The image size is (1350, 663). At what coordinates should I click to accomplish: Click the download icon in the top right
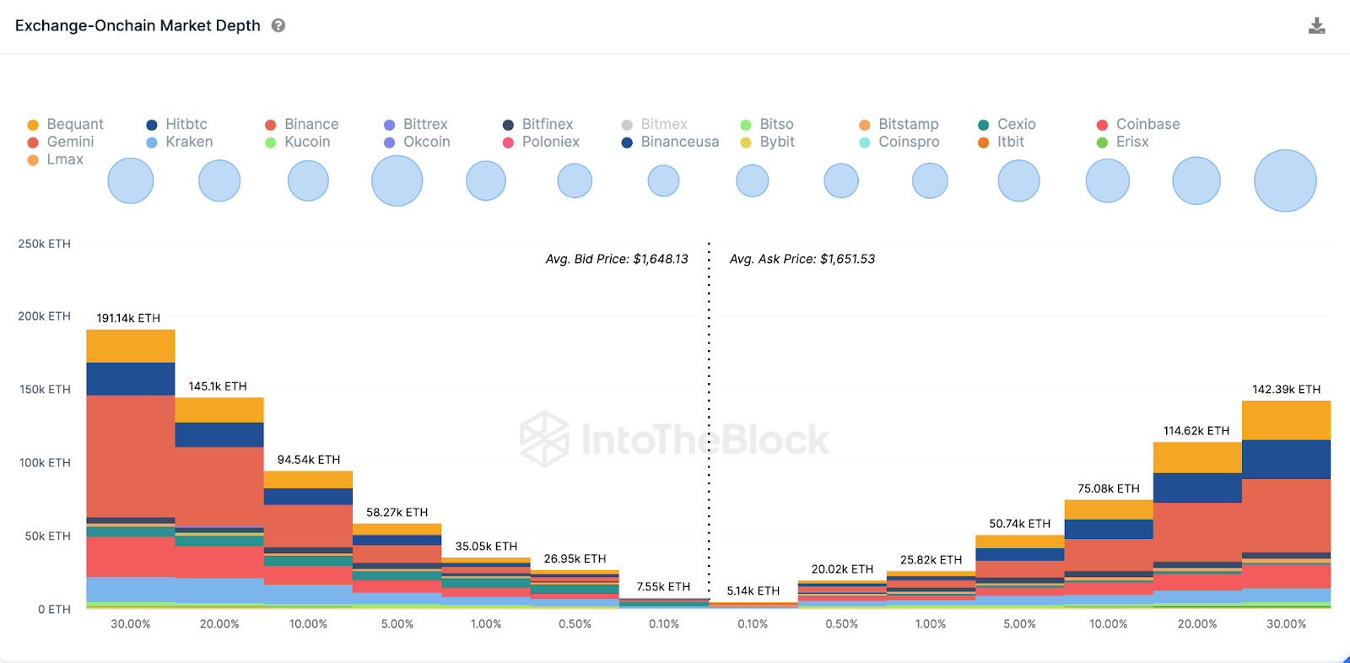click(1316, 26)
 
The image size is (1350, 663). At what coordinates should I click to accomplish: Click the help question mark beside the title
click(278, 25)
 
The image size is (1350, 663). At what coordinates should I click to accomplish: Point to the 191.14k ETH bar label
click(128, 318)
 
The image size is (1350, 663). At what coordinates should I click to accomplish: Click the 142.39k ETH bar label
click(1286, 389)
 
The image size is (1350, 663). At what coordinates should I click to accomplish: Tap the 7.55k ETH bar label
click(663, 586)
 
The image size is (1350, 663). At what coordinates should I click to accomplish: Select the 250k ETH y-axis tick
click(45, 244)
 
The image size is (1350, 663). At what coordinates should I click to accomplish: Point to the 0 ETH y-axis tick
click(54, 609)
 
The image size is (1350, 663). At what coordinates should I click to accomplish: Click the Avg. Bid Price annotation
click(617, 259)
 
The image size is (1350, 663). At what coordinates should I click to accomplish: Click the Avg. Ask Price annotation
click(802, 259)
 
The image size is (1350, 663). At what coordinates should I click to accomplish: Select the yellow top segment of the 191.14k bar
click(131, 346)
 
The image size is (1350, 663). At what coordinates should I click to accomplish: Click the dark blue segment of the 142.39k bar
click(1286, 459)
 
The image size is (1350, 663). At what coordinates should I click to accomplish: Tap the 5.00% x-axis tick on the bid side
click(397, 624)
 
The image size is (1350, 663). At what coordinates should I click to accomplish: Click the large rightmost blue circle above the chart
click(1285, 181)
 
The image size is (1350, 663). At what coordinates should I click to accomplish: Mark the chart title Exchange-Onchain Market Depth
click(138, 25)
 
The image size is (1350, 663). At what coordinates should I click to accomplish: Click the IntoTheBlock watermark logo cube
click(543, 439)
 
